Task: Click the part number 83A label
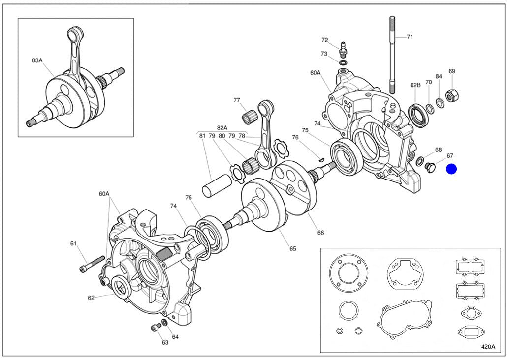point(37,60)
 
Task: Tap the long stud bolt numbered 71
point(392,54)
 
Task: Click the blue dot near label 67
point(451,169)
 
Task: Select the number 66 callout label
point(320,232)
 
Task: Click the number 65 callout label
point(293,248)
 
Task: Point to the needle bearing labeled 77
point(251,118)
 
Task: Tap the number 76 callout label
point(295,137)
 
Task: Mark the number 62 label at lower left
point(91,297)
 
